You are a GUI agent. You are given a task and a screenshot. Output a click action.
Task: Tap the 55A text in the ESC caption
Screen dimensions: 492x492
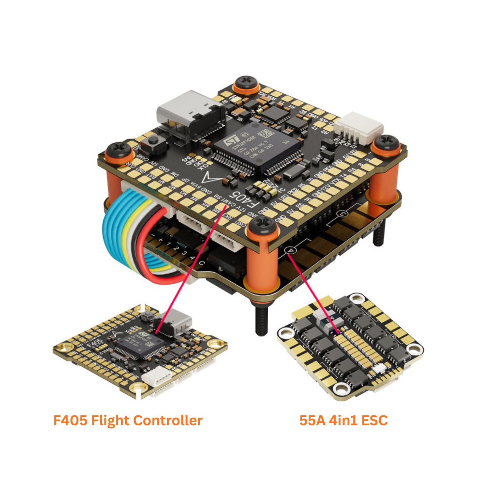312,420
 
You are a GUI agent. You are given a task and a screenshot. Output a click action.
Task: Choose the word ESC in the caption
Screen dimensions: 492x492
375,420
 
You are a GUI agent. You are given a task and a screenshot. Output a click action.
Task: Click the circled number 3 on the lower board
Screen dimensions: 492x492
342,214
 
